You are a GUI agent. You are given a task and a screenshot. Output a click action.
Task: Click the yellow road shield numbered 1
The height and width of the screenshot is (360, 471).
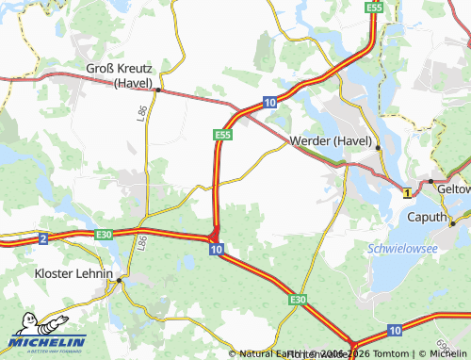(x=407, y=192)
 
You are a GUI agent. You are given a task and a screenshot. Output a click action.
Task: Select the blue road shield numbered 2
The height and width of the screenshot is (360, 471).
(x=43, y=239)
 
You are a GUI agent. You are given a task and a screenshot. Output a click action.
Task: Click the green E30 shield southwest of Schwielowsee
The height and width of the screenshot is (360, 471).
(x=298, y=299)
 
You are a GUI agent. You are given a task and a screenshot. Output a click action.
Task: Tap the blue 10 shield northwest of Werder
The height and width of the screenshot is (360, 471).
(x=269, y=102)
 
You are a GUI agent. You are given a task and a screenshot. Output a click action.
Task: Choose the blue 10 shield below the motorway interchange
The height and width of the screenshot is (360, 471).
(x=217, y=250)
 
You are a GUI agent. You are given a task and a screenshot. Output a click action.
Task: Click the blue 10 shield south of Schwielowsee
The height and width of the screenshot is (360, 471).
(x=394, y=330)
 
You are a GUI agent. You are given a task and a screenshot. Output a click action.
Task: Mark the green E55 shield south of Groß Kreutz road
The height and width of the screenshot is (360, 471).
(x=222, y=136)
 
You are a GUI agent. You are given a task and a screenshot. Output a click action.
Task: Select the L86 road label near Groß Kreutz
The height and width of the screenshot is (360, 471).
(x=141, y=114)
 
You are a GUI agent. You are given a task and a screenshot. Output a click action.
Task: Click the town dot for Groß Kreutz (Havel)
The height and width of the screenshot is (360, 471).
(x=158, y=90)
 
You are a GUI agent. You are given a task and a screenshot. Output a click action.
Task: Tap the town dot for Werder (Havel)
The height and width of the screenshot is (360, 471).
(x=379, y=148)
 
